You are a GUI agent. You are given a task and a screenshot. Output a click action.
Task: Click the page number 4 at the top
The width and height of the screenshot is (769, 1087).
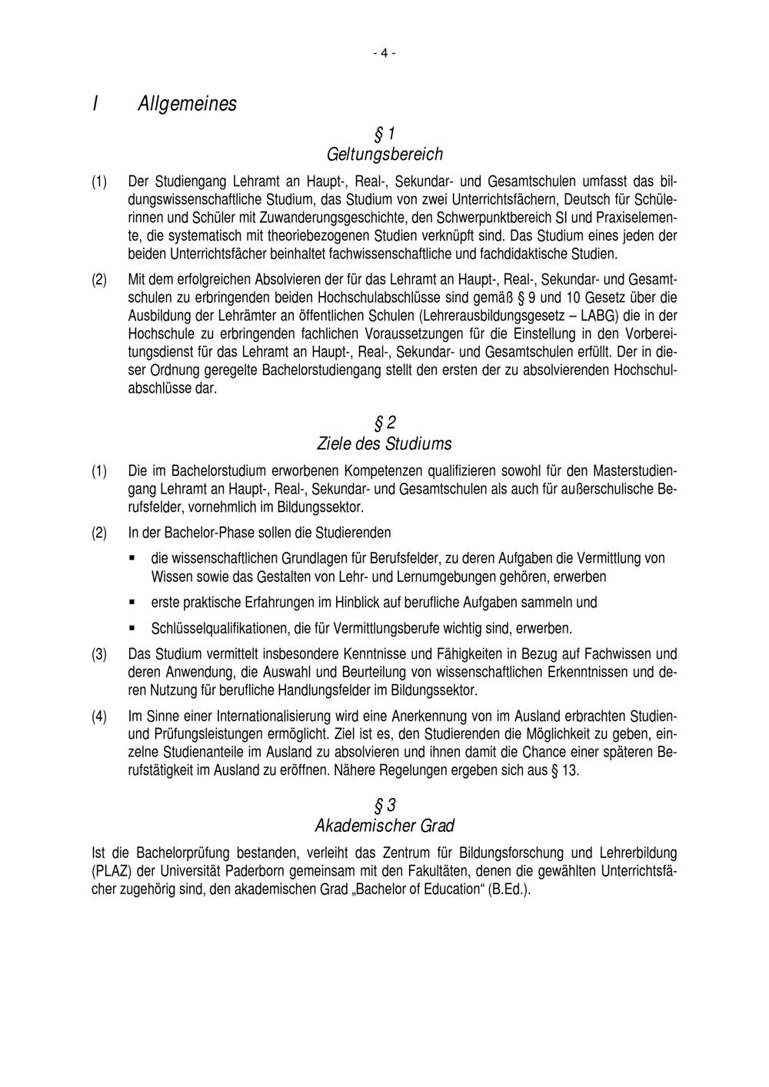384,53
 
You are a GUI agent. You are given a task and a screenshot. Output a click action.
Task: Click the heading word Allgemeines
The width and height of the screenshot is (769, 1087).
187,103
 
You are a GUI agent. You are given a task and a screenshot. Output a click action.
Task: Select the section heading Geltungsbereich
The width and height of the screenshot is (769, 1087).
384,154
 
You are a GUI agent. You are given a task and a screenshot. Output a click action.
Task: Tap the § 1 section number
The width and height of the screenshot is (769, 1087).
384,135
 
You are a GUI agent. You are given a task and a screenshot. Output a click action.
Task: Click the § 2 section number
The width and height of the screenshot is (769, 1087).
384,423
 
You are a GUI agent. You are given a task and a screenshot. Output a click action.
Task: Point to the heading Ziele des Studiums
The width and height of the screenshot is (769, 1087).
384,444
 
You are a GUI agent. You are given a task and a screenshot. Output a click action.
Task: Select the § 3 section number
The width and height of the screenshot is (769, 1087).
384,806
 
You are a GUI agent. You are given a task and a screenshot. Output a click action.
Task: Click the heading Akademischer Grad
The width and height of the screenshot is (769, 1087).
384,826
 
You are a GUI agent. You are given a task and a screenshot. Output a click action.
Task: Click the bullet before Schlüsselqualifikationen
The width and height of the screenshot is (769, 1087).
131,627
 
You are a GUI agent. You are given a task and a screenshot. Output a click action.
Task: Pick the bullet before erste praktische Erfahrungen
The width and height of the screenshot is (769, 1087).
131,602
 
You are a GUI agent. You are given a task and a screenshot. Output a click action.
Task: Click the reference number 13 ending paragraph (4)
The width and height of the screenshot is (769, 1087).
569,770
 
